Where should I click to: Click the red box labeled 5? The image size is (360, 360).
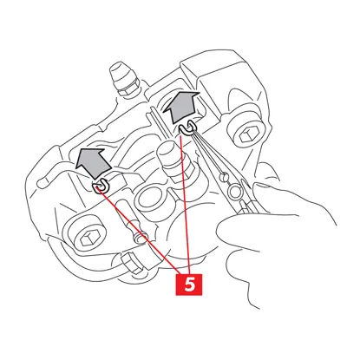[189, 285]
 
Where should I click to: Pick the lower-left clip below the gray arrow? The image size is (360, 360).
[101, 187]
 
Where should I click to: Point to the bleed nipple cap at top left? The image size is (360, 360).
[121, 75]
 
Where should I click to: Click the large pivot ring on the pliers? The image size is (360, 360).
[234, 192]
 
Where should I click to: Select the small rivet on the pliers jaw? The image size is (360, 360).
[223, 177]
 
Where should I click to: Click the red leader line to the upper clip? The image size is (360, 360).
[185, 205]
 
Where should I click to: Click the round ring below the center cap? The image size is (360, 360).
[151, 199]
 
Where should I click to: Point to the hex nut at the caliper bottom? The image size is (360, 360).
[131, 263]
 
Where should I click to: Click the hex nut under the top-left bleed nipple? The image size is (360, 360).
[128, 91]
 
